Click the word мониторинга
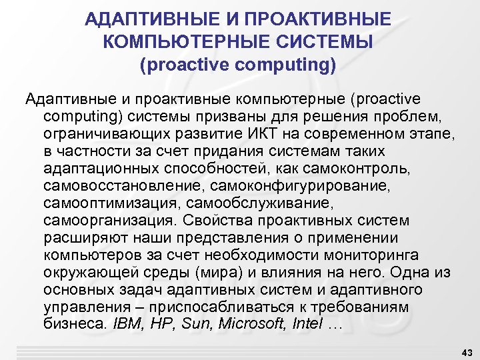[x=364, y=255]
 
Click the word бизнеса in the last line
[x=75, y=325]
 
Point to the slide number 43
[x=466, y=351]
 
